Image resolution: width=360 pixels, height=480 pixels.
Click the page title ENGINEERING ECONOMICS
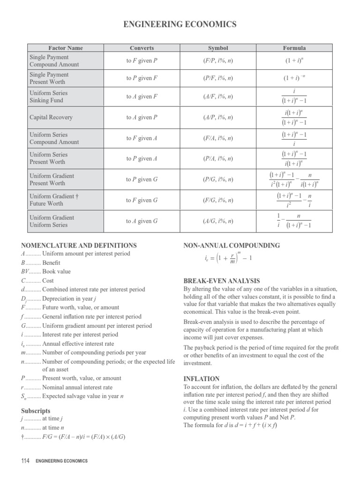(180, 24)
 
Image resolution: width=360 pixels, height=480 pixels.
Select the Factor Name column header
(66, 48)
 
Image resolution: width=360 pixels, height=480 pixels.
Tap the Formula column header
(294, 48)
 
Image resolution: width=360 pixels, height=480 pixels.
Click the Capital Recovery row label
(51, 117)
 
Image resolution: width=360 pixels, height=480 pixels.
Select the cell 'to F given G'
(142, 200)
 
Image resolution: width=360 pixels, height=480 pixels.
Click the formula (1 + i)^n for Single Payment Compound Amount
(294, 61)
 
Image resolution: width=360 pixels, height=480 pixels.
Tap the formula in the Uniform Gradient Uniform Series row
(294, 221)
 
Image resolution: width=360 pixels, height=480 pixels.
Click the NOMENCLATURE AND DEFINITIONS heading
(79, 245)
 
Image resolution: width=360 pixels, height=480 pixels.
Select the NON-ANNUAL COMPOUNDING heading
(232, 245)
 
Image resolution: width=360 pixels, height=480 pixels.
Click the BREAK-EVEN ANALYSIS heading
(221, 281)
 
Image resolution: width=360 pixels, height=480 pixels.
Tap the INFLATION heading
(201, 378)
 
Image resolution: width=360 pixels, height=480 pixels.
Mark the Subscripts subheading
(37, 411)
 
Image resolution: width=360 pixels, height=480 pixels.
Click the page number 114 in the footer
(25, 461)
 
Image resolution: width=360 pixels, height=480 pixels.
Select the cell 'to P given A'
(142, 158)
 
